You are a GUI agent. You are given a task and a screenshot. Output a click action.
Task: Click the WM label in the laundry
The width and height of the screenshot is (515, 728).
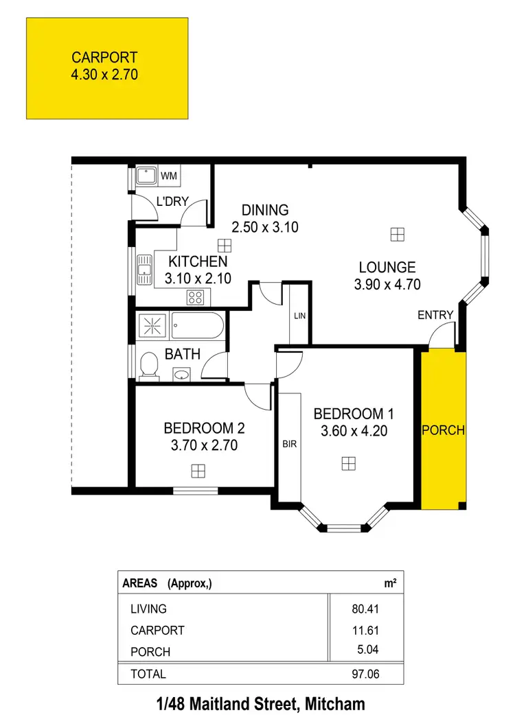coord(169,176)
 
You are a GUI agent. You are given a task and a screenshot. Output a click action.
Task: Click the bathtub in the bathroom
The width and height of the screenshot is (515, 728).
coord(196,325)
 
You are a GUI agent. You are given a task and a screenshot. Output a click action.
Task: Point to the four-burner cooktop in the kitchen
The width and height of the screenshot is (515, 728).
coord(196,298)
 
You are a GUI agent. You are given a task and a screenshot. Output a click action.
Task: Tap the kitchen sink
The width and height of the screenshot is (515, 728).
coord(145,268)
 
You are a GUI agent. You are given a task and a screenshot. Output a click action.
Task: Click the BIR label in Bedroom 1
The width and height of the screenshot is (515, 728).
coord(289,444)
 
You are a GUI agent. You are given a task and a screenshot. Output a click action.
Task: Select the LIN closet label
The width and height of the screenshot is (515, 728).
coord(299,316)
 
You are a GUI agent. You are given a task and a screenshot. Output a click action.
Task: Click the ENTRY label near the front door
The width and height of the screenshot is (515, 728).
coord(436,315)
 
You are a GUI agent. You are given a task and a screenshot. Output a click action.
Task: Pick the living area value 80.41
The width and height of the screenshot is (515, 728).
coord(365,609)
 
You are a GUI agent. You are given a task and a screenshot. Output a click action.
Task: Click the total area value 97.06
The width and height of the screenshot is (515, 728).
coord(365,674)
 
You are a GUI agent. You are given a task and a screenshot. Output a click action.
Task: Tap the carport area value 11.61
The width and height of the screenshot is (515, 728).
coord(365,630)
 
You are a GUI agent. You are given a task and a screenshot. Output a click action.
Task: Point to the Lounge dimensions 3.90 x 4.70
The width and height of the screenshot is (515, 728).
coord(387,284)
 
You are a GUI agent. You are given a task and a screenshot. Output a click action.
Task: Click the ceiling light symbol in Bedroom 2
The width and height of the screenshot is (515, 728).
coord(198,471)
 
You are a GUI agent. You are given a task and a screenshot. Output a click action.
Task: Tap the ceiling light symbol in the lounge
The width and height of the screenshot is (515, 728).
coord(397,235)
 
